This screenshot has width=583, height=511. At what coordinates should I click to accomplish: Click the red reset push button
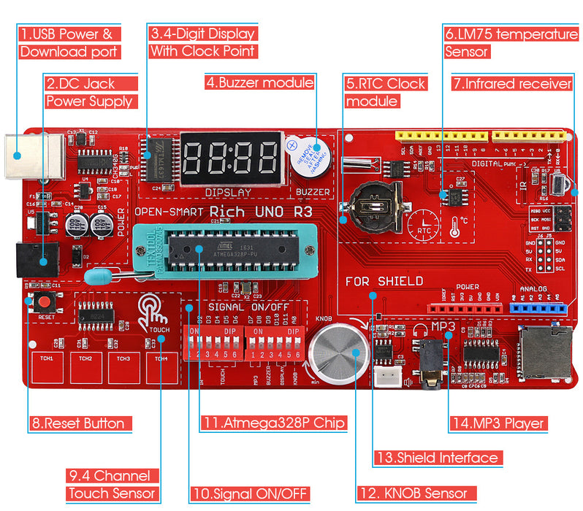[45, 302]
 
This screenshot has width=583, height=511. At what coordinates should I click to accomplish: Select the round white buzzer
[309, 157]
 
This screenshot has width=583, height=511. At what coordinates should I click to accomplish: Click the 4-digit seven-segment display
[231, 157]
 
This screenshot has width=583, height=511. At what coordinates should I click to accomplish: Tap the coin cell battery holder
[375, 201]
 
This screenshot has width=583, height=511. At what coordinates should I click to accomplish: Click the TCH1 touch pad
[48, 368]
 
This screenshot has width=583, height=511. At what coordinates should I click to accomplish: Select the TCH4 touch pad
[162, 368]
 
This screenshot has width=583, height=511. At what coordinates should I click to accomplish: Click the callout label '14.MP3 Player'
[497, 423]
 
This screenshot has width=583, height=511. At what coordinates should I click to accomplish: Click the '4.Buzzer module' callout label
[259, 82]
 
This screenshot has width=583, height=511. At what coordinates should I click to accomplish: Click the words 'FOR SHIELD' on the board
[384, 281]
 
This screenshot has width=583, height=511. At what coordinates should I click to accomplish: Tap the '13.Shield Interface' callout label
[438, 458]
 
